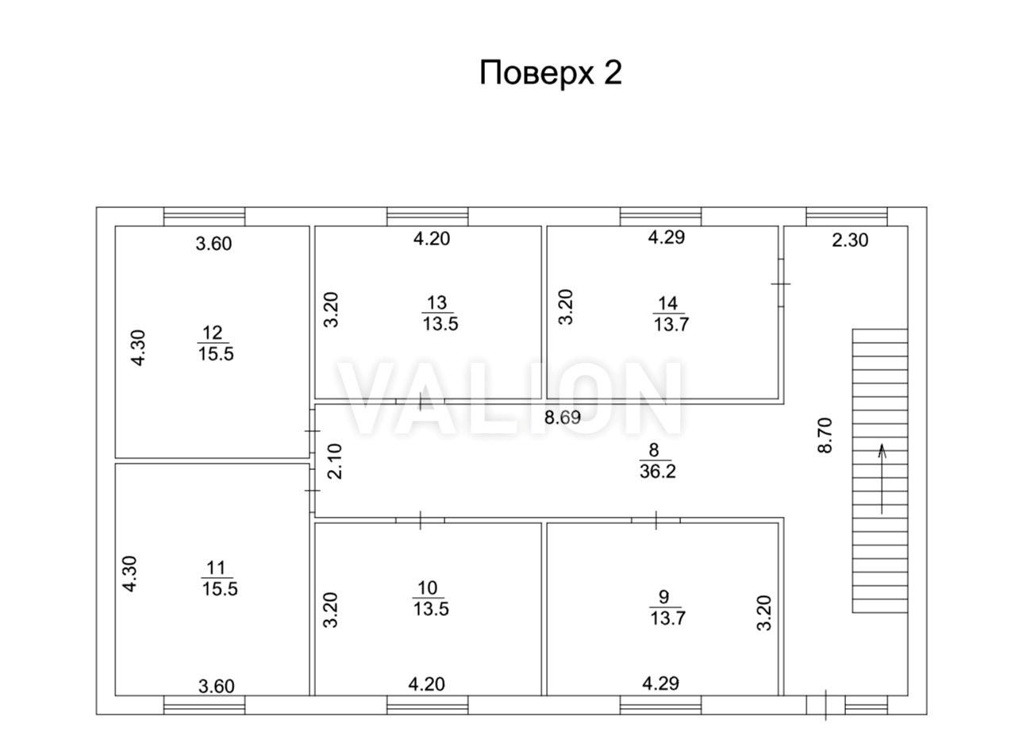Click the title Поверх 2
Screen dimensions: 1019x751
551,73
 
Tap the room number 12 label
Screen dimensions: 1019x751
213,333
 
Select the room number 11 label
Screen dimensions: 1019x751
216,568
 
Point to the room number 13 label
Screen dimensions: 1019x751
436,302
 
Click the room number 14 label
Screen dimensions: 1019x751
667,303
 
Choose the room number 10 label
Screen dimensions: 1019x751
427,588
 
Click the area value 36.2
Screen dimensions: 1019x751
657,472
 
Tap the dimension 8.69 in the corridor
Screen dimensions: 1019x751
563,418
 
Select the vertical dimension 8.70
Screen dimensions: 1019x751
825,436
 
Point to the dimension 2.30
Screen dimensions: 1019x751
850,240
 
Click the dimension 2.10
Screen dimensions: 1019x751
335,461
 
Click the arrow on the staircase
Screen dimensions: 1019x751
882,479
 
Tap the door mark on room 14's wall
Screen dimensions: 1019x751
781,283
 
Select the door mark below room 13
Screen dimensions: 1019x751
421,402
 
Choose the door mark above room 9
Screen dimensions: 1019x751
656,520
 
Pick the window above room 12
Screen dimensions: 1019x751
204,217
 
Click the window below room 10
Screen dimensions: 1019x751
427,705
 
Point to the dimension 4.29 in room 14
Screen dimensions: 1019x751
667,237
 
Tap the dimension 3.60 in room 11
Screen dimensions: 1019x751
217,686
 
